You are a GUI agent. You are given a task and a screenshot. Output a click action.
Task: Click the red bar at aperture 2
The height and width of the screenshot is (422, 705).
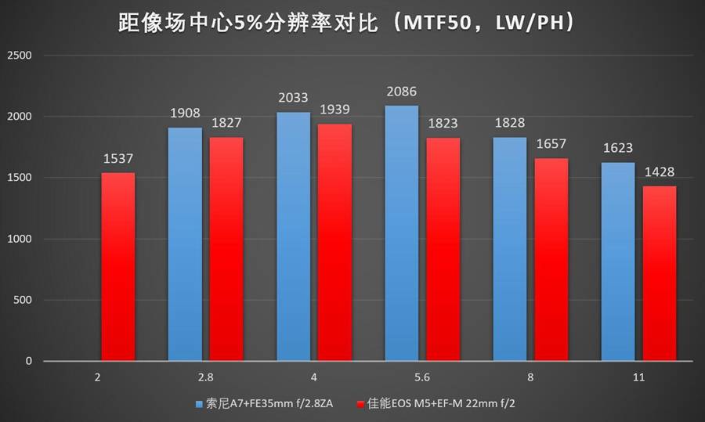117,266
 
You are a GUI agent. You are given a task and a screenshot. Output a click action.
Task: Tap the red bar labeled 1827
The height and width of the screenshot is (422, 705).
226,249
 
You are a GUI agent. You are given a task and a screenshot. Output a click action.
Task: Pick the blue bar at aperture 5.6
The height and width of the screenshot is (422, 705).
401,233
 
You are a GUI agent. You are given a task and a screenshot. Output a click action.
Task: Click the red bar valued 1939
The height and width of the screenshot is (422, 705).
334,242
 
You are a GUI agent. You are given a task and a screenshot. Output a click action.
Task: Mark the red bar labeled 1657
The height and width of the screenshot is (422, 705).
551,259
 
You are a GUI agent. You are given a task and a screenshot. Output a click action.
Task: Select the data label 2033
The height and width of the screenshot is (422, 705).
293,100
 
